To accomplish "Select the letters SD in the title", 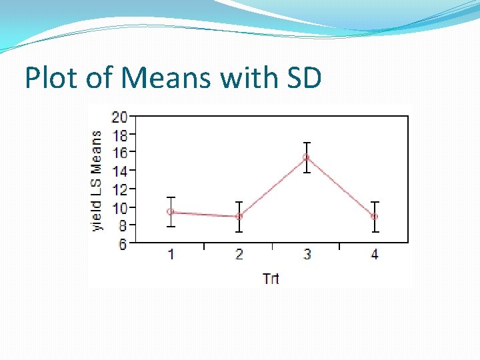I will (x=303, y=78).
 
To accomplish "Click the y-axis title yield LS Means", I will (x=97, y=180).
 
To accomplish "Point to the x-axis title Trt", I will (x=271, y=278).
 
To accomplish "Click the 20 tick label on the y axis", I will (x=119, y=118).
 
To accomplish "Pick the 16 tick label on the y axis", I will (x=119, y=153).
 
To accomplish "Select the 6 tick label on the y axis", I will (x=123, y=245).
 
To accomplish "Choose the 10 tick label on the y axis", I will (x=119, y=208).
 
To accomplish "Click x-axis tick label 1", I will (x=171, y=254).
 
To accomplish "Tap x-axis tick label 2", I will (x=239, y=254).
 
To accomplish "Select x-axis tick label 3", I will (x=307, y=254).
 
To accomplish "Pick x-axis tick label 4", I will (x=375, y=254).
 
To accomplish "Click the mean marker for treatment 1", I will (x=171, y=212).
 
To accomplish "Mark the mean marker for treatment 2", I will (x=239, y=216).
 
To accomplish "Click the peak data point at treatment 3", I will (x=307, y=157).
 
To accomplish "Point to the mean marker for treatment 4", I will (x=375, y=216).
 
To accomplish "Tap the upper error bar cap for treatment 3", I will (x=307, y=143).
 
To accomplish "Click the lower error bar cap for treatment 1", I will (x=171, y=227).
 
